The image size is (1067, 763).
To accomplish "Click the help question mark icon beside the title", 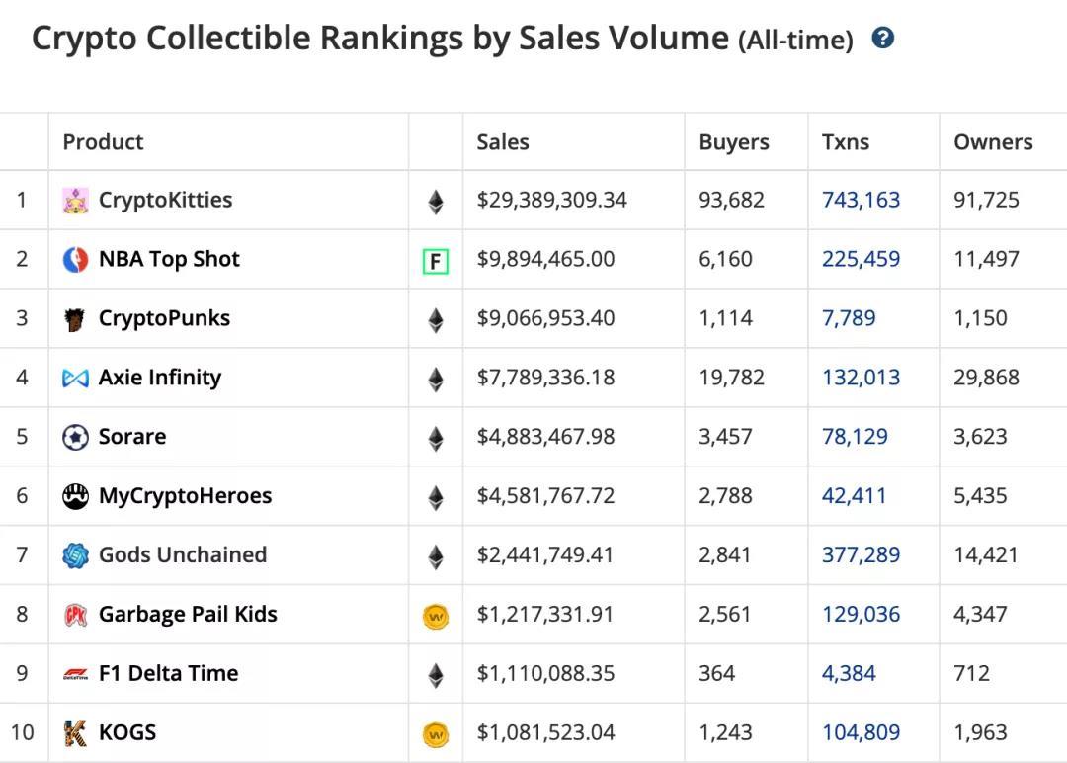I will (x=883, y=39).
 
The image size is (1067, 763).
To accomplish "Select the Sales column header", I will (x=502, y=142).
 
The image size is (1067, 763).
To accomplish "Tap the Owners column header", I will (x=993, y=142).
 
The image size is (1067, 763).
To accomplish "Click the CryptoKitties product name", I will (x=165, y=200).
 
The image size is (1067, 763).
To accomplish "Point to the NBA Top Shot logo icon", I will (x=75, y=260).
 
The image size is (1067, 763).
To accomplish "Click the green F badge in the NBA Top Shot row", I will (x=435, y=262).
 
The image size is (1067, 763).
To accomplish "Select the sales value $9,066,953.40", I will (x=545, y=318).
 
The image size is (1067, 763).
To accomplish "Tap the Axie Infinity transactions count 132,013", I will (x=861, y=378).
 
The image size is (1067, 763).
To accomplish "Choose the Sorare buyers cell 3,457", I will (x=725, y=437).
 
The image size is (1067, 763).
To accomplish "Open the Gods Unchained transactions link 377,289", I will (x=861, y=555).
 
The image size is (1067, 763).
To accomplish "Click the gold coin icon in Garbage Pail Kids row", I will (x=435, y=617).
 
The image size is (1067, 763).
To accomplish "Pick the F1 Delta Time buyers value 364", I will (x=716, y=674).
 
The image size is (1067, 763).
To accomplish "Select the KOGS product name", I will (x=127, y=733).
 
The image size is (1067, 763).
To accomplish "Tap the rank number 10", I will (x=22, y=733).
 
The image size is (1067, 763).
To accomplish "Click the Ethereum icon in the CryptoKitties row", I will (x=435, y=203).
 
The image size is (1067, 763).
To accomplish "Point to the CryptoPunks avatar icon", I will (x=75, y=319).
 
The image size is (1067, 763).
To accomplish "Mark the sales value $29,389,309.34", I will (x=551, y=200).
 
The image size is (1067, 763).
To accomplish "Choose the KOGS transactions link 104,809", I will (x=861, y=733).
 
